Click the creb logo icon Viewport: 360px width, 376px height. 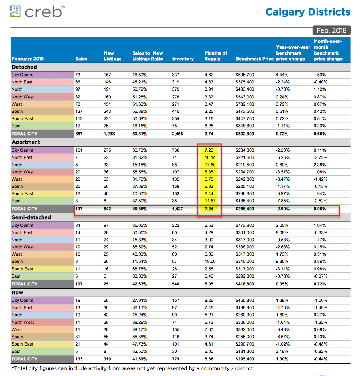16,12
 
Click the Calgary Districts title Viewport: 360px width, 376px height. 308,12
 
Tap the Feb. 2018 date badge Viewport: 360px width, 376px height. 331,30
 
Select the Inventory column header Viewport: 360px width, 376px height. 183,59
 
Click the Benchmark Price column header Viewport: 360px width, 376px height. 255,59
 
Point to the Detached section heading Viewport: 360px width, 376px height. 24,67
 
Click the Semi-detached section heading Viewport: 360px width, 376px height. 31,217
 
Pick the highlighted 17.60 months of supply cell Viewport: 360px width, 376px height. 210,165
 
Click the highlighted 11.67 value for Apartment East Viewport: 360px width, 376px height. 210,201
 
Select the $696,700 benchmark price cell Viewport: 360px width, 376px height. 244,75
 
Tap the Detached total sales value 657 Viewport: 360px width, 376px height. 79,134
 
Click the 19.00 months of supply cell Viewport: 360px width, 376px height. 210,261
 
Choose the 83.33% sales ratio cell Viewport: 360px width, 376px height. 139,276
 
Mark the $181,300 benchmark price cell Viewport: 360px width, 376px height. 244,351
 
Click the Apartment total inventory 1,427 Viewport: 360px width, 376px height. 177,209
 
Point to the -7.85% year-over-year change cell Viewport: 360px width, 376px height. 283,201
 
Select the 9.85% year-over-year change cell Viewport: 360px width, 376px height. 282,261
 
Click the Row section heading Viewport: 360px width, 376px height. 18,293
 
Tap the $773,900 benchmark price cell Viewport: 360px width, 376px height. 244,225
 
